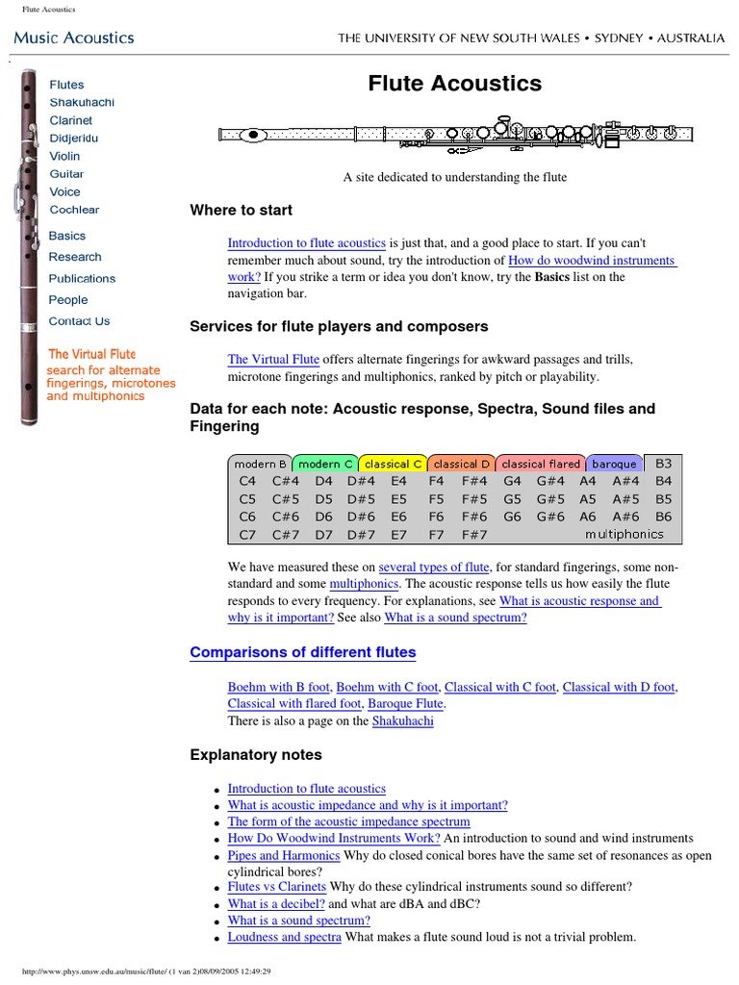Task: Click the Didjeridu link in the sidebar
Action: tap(73, 139)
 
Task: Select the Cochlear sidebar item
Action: tap(74, 210)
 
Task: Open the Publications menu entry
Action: tap(82, 279)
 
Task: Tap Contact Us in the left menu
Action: tap(79, 321)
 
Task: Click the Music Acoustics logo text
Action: tap(73, 38)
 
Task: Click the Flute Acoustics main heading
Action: tap(454, 84)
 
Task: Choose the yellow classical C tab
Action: tap(392, 464)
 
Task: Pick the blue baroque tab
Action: tap(614, 464)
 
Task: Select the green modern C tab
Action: tap(325, 464)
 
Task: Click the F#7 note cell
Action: tap(473, 535)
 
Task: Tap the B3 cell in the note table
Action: tap(663, 463)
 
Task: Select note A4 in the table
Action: tap(587, 481)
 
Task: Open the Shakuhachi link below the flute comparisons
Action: tap(402, 720)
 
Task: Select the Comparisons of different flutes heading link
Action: tap(303, 652)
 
